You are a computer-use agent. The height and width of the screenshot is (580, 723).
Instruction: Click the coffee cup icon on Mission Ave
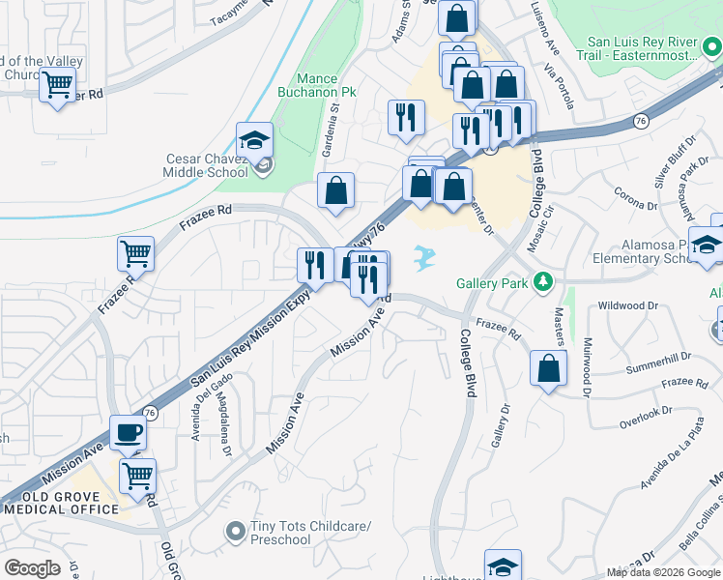pyautogui.click(x=129, y=433)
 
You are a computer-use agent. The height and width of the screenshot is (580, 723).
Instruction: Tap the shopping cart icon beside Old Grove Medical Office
pyautogui.click(x=138, y=476)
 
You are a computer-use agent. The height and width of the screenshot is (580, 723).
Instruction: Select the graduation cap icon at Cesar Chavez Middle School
pyautogui.click(x=254, y=141)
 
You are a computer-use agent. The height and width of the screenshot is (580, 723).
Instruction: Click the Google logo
pyautogui.click(x=33, y=568)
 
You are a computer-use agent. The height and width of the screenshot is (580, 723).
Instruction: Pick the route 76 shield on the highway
pyautogui.click(x=640, y=120)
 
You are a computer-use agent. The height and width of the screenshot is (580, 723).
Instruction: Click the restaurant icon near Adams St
pyautogui.click(x=406, y=116)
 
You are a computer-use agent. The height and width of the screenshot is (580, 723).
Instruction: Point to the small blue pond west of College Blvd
pyautogui.click(x=422, y=257)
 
